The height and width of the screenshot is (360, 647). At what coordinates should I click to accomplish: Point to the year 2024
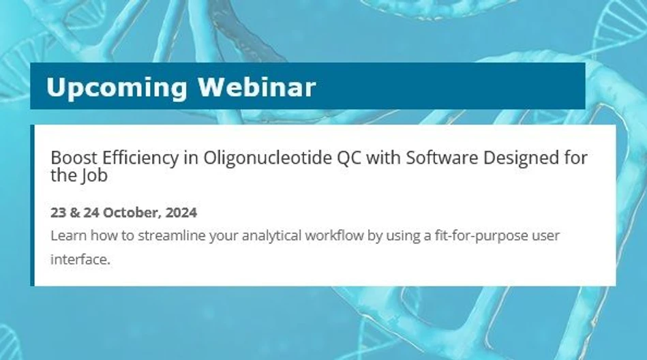point(181,213)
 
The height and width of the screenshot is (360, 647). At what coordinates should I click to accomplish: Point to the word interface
point(79,260)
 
